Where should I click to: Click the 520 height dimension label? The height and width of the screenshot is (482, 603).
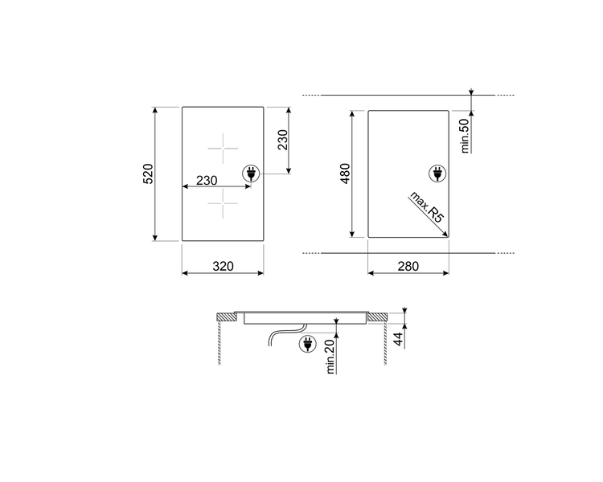coord(148,174)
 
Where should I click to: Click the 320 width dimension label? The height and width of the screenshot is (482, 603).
coord(223,266)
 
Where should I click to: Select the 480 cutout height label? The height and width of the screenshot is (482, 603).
coord(345,174)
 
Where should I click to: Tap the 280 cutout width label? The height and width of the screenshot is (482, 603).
coord(408,266)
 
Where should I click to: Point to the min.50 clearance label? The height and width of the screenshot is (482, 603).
coord(465,136)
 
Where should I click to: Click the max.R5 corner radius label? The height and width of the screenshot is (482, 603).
coord(427,206)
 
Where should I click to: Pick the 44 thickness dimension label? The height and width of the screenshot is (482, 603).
coord(399,339)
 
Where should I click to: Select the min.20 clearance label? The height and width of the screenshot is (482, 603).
coord(330,357)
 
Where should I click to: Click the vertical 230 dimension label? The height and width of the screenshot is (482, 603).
coord(283,140)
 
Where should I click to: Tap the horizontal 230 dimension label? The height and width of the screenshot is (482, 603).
coord(207,180)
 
